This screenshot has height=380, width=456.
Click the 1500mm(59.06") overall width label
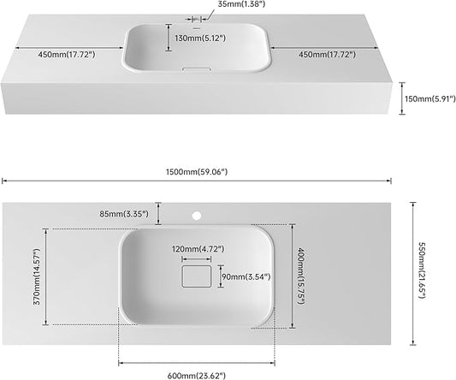coord(197,172)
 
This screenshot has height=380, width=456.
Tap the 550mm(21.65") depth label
coord(422,270)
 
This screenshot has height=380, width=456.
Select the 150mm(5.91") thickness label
coord(430,99)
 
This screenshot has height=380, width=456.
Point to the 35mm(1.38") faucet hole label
coord(241,4)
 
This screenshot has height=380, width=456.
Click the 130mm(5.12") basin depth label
coord(200,39)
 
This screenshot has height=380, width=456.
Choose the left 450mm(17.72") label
coord(67,55)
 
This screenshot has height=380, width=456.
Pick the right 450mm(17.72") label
coord(327,55)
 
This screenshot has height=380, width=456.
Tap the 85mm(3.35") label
coord(124,214)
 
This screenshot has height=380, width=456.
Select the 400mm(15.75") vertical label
coord(300,276)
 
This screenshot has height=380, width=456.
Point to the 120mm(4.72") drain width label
coord(198,249)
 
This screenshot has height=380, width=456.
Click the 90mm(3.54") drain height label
coord(246,276)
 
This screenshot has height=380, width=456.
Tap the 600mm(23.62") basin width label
coord(197,376)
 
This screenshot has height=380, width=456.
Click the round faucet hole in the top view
coord(197,216)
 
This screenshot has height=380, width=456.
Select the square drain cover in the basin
coord(197,276)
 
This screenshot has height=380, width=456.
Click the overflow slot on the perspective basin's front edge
coord(196,69)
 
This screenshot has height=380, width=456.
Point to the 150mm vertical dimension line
coord(402,98)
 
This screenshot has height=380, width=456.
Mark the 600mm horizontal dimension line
coord(197,363)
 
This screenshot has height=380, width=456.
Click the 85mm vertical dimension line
coord(158,213)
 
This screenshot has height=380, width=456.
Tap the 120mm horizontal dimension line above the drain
coord(197,259)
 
